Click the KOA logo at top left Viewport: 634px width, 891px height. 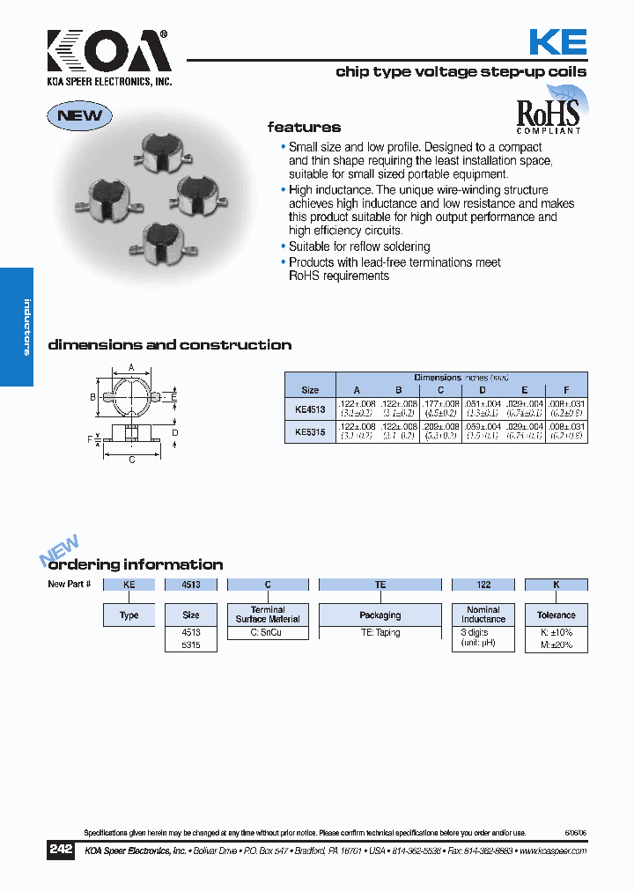[x=109, y=55]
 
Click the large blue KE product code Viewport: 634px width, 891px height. [x=557, y=42]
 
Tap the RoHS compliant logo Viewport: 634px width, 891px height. [x=548, y=112]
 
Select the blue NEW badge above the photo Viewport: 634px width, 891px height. [x=80, y=115]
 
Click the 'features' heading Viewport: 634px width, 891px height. [x=304, y=128]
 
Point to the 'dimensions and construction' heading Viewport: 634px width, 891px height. [x=169, y=345]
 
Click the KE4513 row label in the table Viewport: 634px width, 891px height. [x=310, y=408]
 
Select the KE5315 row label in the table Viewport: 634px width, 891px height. [x=310, y=431]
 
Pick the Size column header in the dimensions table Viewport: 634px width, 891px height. [x=310, y=389]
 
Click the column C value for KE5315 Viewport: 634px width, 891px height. [x=440, y=431]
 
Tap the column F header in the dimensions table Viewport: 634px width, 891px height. [x=566, y=389]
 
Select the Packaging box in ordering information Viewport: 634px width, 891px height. [x=380, y=615]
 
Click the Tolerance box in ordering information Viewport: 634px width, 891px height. [x=556, y=615]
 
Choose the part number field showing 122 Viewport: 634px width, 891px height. [x=483, y=585]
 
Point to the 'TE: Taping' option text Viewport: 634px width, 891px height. [x=380, y=632]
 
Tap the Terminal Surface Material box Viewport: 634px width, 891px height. [x=268, y=615]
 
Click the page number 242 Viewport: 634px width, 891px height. [x=61, y=850]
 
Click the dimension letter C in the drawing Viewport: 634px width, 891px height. [x=131, y=460]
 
